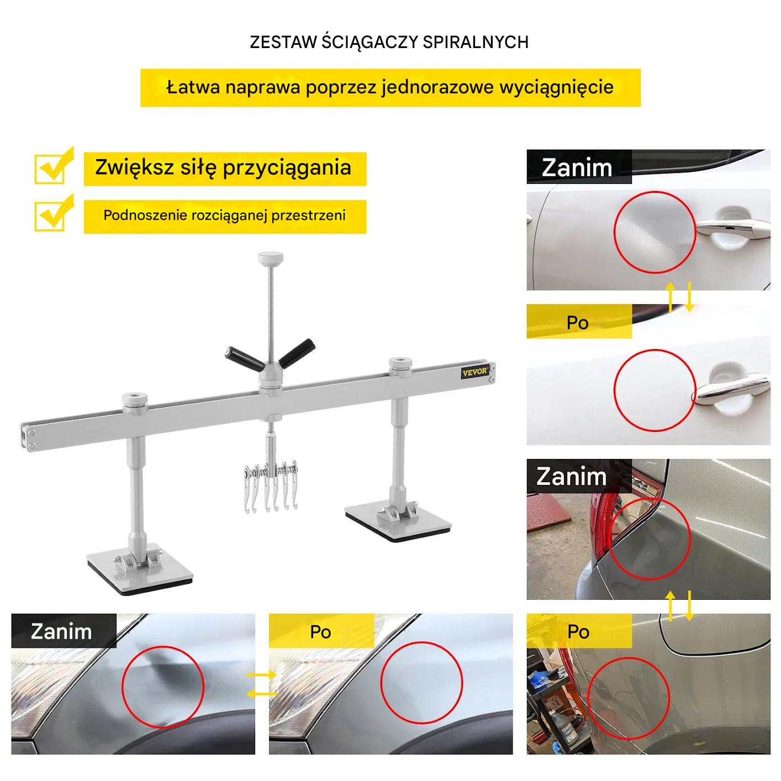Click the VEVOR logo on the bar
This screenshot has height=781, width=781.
pos(474,372)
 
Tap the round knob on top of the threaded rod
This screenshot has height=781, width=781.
pos(270,257)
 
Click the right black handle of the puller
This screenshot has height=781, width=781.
pos(297,353)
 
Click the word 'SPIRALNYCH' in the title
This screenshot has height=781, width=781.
pos(476,43)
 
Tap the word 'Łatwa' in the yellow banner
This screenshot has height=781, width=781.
pos(193,87)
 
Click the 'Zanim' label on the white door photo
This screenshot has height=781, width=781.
pos(577,167)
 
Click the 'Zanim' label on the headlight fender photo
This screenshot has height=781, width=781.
pos(61,632)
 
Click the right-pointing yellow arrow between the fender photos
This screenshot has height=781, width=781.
pos(261,675)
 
